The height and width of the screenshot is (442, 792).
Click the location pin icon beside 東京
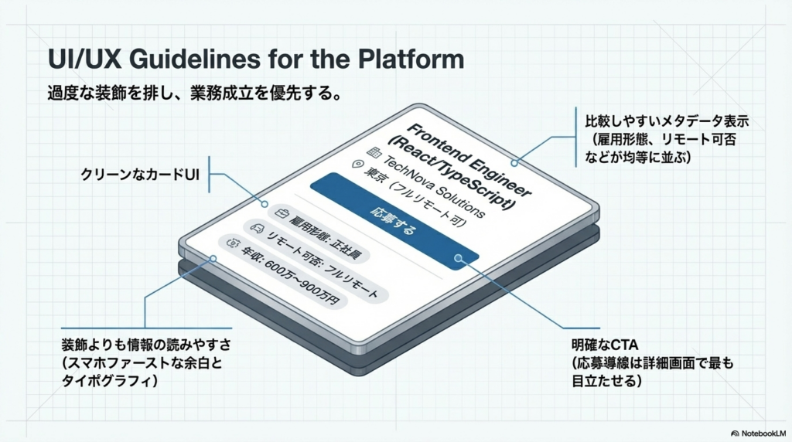tap(357, 165)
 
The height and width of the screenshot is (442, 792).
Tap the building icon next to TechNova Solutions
tap(374, 151)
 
